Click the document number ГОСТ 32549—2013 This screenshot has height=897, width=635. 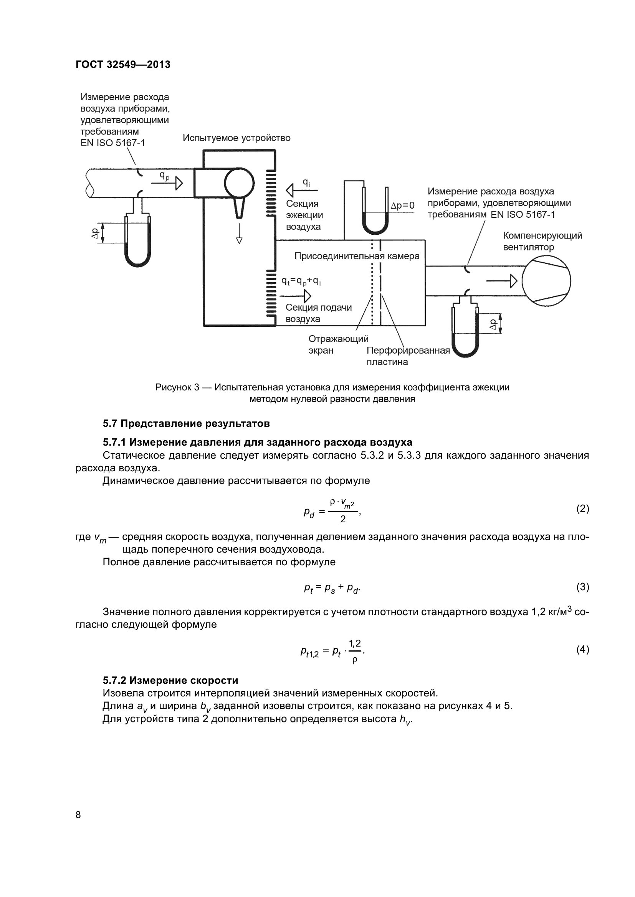(123, 64)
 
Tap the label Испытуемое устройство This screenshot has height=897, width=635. (236, 138)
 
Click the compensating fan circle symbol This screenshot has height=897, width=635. (546, 280)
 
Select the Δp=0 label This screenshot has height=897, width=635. (402, 206)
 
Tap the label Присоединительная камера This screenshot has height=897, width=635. (357, 256)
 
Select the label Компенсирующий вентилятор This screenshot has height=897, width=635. (542, 241)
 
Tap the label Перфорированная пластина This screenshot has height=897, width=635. (408, 356)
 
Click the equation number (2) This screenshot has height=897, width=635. (583, 508)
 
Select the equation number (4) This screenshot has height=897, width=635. (583, 649)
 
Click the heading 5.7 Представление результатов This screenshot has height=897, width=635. (186, 423)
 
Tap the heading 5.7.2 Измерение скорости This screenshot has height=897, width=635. (170, 680)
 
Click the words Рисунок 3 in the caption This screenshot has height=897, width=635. (177, 387)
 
